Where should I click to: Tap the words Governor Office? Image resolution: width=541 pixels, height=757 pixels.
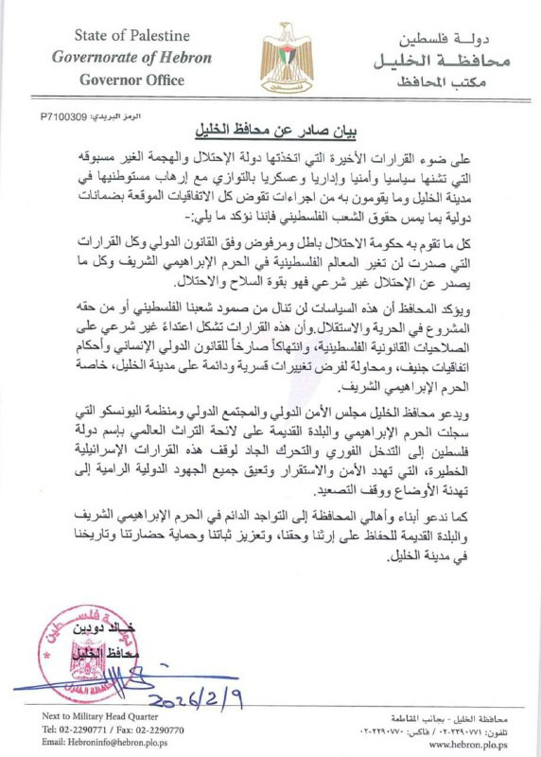coord(131,79)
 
